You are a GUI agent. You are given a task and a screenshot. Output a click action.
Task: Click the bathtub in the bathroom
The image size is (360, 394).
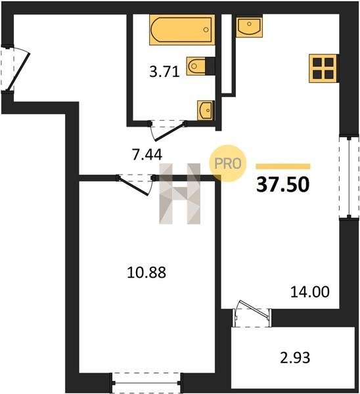point(182,30)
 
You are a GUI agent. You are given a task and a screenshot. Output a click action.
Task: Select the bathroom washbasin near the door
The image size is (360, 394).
point(206,110)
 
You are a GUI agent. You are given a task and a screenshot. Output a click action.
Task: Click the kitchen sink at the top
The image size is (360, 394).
point(249,26)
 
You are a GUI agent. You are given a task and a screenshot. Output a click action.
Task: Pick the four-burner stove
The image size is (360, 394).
point(323,68)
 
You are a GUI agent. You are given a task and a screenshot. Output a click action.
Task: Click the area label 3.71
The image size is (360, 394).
point(164,72)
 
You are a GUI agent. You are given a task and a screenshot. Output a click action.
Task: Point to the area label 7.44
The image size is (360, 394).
point(147,154)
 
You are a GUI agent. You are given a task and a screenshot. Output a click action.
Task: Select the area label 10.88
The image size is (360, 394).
point(146,273)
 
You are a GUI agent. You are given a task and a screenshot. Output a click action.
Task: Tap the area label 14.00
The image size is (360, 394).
point(309,292)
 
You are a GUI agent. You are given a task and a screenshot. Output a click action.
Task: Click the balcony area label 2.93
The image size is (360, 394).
point(295,358)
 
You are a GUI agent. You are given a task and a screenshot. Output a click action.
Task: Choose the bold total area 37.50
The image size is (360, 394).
point(282,185)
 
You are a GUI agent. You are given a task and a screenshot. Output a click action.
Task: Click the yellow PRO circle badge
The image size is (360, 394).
point(228,164)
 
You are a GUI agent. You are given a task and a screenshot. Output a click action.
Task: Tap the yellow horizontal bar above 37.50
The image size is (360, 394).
point(283,166)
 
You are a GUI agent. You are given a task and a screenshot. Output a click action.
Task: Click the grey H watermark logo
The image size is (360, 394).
point(180,194)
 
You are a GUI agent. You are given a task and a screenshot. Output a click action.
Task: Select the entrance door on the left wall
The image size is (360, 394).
point(16,68)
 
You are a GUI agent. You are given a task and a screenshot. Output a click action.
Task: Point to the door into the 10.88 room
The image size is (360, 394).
point(135,185)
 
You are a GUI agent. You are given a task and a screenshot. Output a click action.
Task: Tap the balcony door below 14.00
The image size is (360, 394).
point(252,313)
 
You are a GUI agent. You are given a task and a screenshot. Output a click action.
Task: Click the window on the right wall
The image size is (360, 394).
point(349,177)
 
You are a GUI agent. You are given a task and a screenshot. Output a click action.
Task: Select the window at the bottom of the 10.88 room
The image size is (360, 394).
point(146,382)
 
